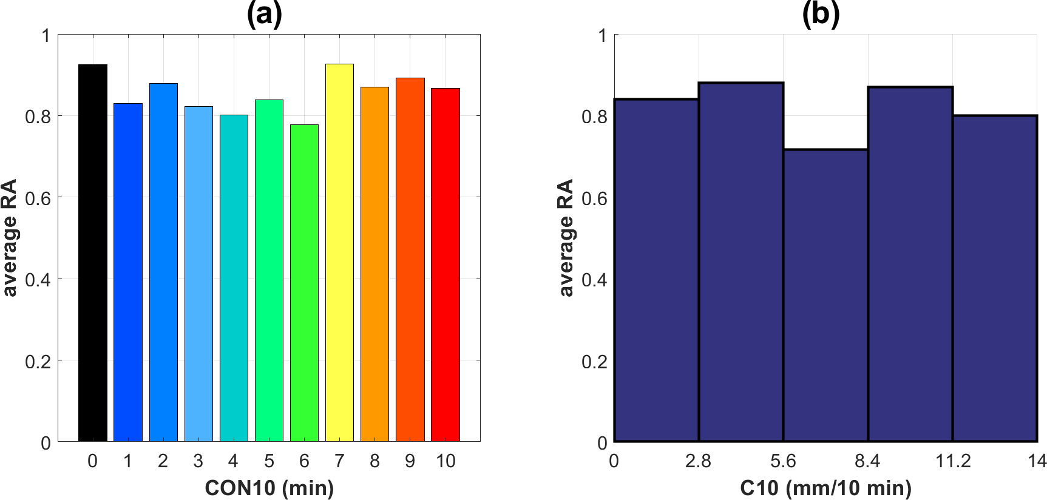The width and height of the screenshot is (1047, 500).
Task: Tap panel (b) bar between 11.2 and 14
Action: [995, 279]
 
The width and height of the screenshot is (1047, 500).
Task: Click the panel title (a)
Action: [264, 14]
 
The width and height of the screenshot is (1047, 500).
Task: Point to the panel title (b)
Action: [821, 14]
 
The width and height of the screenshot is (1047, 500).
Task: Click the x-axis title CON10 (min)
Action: [269, 487]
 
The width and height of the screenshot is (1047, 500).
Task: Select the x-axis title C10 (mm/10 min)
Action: [825, 487]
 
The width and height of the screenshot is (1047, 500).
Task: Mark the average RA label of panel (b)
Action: [566, 238]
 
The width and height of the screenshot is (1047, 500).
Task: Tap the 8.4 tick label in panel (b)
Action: [867, 461]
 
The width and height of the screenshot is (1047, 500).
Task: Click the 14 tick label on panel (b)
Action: [1037, 461]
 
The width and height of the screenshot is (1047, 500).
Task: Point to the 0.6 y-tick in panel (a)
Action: [38, 198]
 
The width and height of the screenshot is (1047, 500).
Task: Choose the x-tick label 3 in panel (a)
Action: [198, 461]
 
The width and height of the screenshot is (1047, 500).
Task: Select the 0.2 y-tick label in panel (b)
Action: [594, 362]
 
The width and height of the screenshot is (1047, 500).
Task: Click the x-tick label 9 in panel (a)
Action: [410, 461]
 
